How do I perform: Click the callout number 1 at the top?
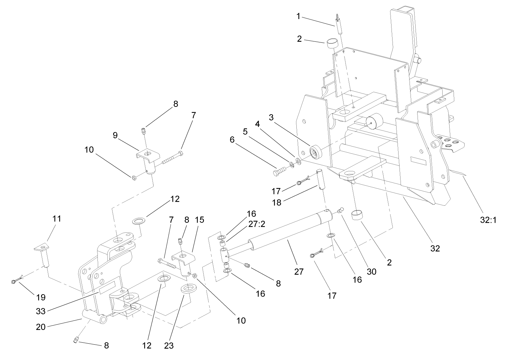pyautogui.click(x=298, y=16)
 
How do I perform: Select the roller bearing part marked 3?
pyautogui.click(x=315, y=152)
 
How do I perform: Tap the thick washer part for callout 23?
pyautogui.click(x=189, y=289)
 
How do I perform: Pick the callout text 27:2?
pyautogui.click(x=256, y=224)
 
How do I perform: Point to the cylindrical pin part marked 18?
pyautogui.click(x=321, y=180)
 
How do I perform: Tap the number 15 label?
pyautogui.click(x=200, y=220)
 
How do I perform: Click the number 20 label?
pyautogui.click(x=41, y=327)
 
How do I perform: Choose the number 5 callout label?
pyautogui.click(x=245, y=132)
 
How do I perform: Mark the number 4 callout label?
pyautogui.click(x=257, y=124)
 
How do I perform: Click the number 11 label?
pyautogui.click(x=57, y=219)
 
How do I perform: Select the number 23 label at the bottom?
pyautogui.click(x=169, y=346)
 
